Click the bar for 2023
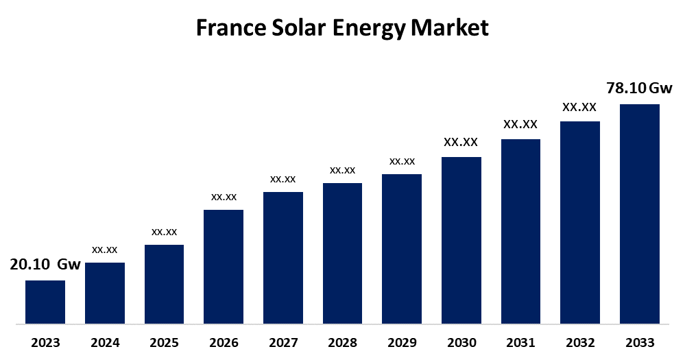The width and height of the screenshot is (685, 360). tap(45, 302)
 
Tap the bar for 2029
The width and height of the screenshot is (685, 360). tap(402, 248)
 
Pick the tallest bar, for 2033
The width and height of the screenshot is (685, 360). tap(639, 213)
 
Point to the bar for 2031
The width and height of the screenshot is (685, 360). tap(520, 231)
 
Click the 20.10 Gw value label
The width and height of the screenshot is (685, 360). tap(45, 265)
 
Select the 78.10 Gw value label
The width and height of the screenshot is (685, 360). tap(639, 88)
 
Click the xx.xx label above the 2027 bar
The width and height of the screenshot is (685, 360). tap(283, 179)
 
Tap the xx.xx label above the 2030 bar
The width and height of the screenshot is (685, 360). tap(461, 143)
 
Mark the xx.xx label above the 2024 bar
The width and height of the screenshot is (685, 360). tap(104, 250)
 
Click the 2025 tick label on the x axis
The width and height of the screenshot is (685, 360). tap(164, 342)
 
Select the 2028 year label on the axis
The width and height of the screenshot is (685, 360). tap(342, 342)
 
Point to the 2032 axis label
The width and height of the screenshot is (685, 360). tap(580, 342)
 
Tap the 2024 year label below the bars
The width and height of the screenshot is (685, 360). tap(104, 342)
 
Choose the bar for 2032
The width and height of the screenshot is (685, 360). tap(580, 222)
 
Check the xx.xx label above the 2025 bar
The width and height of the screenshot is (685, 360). tap(164, 232)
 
